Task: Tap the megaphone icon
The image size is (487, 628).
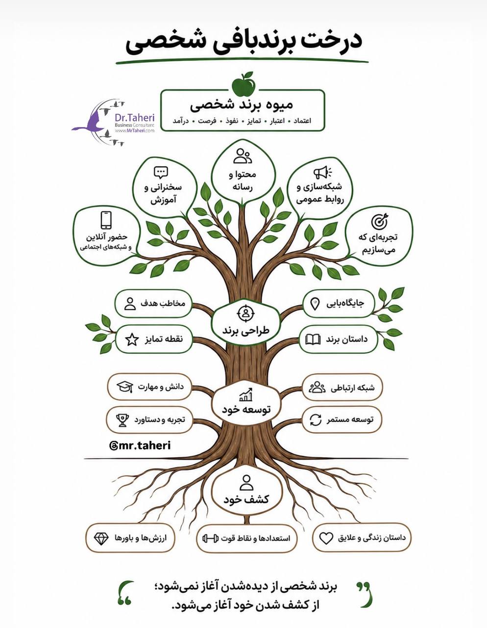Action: (x=322, y=173)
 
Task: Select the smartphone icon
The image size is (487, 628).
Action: (x=106, y=220)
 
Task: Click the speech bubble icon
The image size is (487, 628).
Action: (x=161, y=173)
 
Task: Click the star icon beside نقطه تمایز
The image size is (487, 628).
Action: (x=132, y=340)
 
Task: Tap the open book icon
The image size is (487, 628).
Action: (x=313, y=340)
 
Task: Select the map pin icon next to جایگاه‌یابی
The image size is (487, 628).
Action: (x=315, y=304)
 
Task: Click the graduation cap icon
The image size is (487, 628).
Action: (x=125, y=387)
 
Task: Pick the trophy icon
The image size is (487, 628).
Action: (x=122, y=420)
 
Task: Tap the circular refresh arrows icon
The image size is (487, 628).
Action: (x=316, y=419)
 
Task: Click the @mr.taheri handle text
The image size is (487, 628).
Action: (x=140, y=445)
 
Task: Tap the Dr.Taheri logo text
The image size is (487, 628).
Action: (x=134, y=118)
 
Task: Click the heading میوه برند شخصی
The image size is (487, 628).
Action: (x=242, y=105)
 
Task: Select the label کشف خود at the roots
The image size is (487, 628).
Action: (x=246, y=499)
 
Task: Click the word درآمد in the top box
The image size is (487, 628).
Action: (x=181, y=121)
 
